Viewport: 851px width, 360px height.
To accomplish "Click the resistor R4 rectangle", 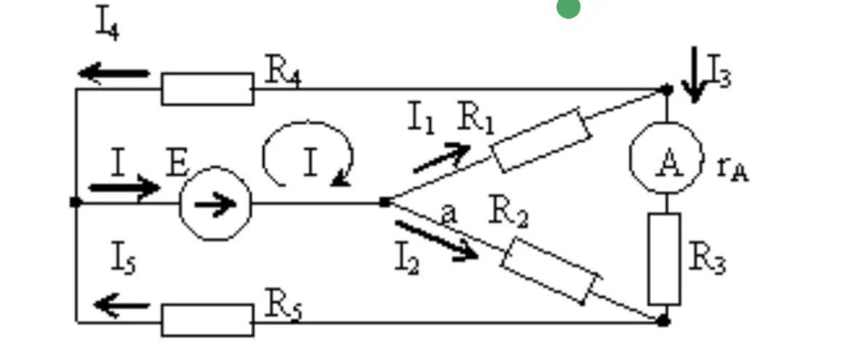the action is click(207, 89).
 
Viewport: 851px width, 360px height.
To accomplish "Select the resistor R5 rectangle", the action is click(207, 320).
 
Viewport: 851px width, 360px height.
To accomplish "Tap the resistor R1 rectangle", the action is click(541, 140).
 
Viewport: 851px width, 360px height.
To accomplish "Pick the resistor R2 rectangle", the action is click(551, 271).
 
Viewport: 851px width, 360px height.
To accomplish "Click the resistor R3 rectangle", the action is click(664, 258).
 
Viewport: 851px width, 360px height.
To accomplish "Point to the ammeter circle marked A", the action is click(666, 158).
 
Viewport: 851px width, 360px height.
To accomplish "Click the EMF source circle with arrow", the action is click(215, 203).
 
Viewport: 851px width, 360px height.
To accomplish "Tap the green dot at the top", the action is click(568, 8).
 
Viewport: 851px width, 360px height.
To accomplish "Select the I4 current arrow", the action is click(114, 73).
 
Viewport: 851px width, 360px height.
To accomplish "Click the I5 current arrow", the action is click(122, 305).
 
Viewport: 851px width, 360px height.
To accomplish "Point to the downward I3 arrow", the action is click(694, 75).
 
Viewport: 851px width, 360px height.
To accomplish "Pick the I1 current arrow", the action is click(442, 158).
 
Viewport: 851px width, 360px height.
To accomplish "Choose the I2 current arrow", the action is click(437, 239).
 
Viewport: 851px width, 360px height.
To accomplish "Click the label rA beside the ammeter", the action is click(732, 168).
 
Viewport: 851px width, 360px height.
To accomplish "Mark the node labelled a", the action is click(385, 202).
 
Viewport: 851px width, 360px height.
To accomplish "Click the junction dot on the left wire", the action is click(76, 202).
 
